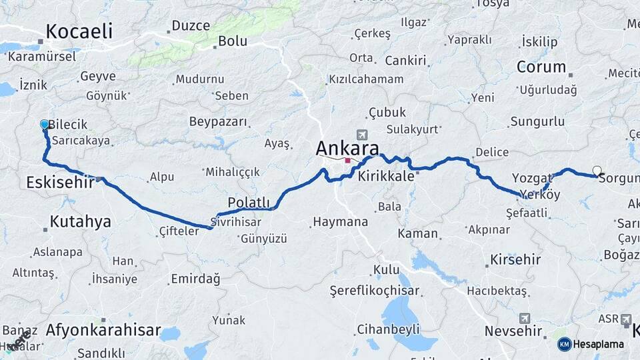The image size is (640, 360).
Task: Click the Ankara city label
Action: [x=347, y=147]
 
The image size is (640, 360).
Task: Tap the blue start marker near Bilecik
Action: [x=45, y=125]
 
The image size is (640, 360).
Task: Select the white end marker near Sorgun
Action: [x=597, y=171]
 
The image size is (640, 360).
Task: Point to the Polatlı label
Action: [x=249, y=202]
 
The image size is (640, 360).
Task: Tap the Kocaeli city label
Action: [x=79, y=31]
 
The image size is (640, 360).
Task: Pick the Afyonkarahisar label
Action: [x=103, y=330]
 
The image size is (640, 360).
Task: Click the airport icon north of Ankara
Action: [x=361, y=134]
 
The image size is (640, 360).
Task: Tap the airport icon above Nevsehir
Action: [x=525, y=318]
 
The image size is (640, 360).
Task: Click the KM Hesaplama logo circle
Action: [x=564, y=344]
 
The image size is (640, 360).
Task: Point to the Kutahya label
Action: [x=81, y=221]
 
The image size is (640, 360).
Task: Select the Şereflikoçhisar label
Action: [x=375, y=291]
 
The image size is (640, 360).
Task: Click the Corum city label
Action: [x=541, y=67]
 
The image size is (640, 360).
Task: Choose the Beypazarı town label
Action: [x=218, y=122]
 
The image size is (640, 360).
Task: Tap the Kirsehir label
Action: [x=515, y=259]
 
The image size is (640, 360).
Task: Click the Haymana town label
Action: [x=340, y=222]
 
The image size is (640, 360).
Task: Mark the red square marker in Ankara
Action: [x=347, y=161]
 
